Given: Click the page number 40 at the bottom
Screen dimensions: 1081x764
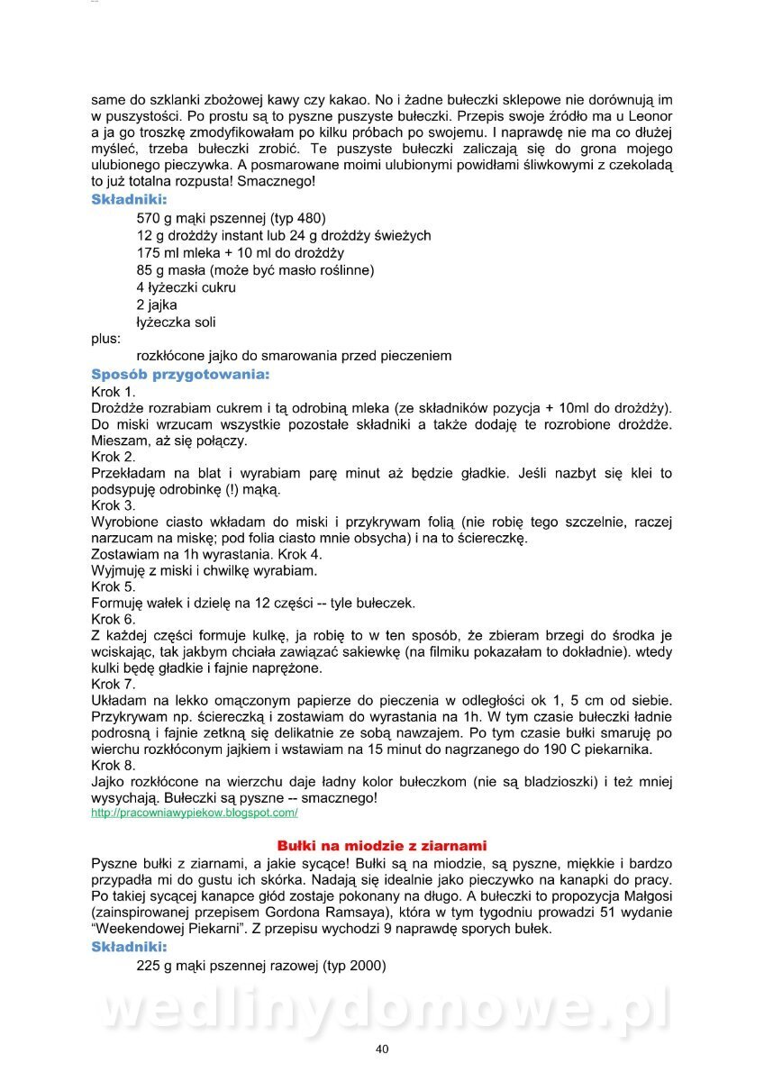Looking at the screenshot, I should [382, 1049].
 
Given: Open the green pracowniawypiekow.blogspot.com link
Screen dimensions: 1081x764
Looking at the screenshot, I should [195, 813].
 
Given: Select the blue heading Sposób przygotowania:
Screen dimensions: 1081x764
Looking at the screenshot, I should [180, 373].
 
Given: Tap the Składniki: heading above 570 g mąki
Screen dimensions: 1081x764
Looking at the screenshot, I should [129, 200].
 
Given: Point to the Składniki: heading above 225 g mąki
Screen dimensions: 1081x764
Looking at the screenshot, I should [129, 947].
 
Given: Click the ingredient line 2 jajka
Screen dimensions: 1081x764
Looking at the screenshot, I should [157, 304].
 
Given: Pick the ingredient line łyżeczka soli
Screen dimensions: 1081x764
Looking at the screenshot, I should [176, 322].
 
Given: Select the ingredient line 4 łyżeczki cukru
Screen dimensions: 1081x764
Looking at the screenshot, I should [186, 287].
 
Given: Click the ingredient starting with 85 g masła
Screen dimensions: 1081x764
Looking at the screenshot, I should [255, 270].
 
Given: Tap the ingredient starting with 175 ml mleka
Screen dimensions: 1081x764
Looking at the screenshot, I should [241, 253].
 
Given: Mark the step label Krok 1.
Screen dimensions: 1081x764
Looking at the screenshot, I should [114, 392].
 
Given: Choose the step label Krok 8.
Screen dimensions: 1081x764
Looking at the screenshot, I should [114, 765].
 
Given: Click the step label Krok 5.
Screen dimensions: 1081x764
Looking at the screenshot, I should [114, 587].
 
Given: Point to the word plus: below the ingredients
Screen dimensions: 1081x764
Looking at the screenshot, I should [105, 339].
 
